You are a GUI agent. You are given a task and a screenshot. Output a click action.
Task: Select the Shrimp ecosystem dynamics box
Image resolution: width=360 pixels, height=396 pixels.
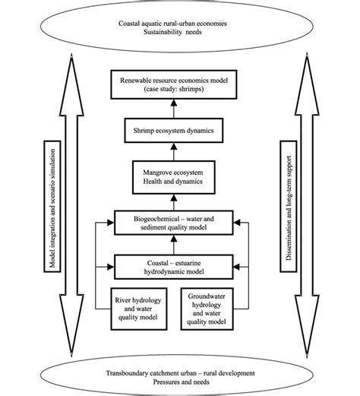pyautogui.click(x=179, y=131)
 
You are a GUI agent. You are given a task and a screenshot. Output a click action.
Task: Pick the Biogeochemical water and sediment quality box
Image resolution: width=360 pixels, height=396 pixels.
pyautogui.click(x=179, y=224)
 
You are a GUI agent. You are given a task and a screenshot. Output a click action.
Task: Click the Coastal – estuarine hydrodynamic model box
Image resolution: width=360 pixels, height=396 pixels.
pyautogui.click(x=179, y=268)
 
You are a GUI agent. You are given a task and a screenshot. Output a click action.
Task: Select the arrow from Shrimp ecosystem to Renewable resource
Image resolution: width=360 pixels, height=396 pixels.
pyautogui.click(x=179, y=109)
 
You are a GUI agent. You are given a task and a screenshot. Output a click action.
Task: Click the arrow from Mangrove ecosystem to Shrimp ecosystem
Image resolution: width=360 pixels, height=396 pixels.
pyautogui.click(x=179, y=154)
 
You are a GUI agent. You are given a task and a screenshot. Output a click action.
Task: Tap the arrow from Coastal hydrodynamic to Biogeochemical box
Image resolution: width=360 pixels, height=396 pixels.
pyautogui.click(x=179, y=246)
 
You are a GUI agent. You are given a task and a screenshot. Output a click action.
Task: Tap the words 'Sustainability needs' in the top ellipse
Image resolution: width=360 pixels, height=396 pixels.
pyautogui.click(x=179, y=33)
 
